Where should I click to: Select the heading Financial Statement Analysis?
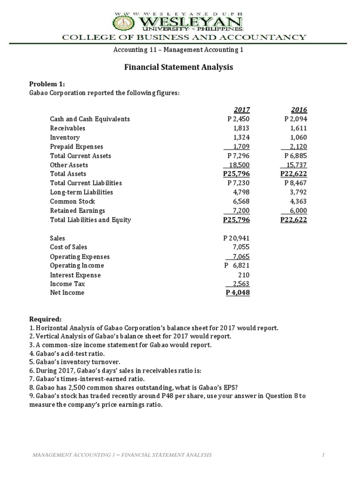click(x=178, y=67)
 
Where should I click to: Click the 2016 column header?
click(x=299, y=110)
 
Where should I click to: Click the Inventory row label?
click(x=65, y=137)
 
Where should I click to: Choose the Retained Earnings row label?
click(x=77, y=210)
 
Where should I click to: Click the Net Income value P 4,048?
click(x=238, y=292)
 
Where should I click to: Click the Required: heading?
click(x=44, y=319)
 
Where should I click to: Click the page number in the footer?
click(x=323, y=455)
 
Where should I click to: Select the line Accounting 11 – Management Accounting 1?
click(x=179, y=49)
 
